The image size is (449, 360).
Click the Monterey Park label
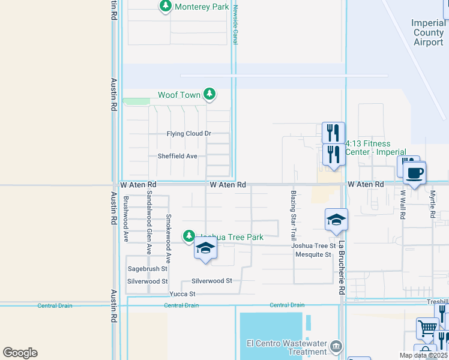[x=202, y=7]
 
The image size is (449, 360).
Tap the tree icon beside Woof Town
[x=209, y=94]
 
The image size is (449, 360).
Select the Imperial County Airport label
[x=429, y=32]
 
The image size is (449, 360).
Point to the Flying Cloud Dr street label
[x=189, y=134]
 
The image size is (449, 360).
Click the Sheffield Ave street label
[x=177, y=156]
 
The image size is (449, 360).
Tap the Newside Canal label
[x=236, y=24]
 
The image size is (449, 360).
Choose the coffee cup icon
[x=414, y=173]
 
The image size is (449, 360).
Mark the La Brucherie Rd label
[x=342, y=268]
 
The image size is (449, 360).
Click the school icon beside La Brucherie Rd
[x=336, y=220]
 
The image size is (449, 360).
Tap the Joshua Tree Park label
[x=232, y=238]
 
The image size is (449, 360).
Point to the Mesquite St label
[x=313, y=255]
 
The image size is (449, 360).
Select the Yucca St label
[x=182, y=294]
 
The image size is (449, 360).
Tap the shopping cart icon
[x=427, y=328]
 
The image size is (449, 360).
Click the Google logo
[x=20, y=353]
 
